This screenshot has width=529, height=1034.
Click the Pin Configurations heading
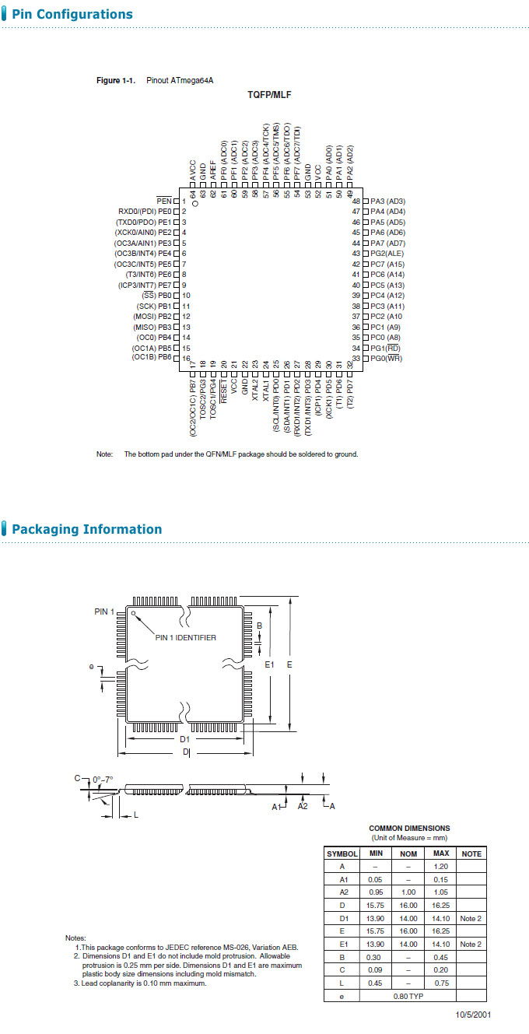72,14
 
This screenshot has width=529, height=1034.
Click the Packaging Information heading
86,529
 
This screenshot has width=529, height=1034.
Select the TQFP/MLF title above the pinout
269,94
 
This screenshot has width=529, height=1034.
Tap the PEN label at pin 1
163,201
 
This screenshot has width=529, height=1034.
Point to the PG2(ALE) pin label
387,254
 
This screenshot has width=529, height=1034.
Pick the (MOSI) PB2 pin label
152,317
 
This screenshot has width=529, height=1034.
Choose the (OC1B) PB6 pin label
152,357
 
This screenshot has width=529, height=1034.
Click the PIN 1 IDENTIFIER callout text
185,638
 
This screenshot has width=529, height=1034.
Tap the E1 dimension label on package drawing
269,664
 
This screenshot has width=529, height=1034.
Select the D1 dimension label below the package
185,739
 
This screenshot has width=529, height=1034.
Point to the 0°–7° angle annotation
103,778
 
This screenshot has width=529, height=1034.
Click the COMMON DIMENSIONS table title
409,829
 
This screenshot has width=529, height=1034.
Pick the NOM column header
408,853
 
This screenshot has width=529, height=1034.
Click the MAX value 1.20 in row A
440,866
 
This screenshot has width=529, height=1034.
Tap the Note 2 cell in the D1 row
471,919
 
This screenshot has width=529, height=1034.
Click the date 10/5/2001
473,1015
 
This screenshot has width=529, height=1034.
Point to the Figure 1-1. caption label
116,80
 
